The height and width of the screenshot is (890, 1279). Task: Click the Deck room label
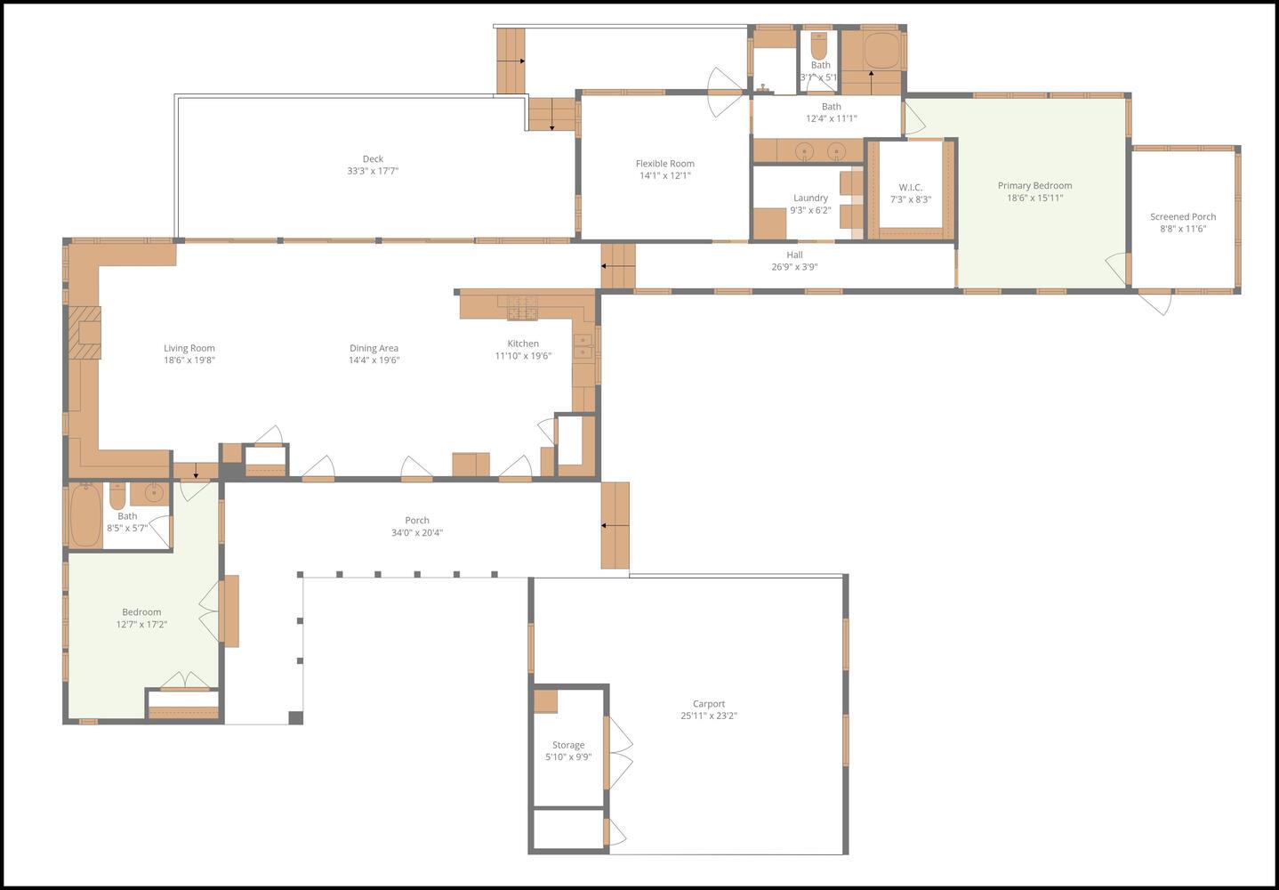click(373, 159)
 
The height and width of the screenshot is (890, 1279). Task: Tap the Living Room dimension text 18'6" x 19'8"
click(189, 360)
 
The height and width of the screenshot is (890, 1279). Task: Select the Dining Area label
click(374, 348)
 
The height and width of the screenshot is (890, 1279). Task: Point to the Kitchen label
click(523, 344)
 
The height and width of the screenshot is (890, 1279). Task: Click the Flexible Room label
click(664, 164)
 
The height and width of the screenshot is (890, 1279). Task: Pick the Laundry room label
click(810, 198)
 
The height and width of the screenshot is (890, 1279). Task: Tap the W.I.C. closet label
click(910, 188)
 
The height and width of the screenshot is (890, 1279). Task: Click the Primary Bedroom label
click(1034, 186)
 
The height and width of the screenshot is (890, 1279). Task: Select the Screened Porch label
click(1182, 217)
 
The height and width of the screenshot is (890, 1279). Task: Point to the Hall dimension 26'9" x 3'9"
click(794, 267)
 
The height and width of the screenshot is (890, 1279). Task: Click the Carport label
click(709, 704)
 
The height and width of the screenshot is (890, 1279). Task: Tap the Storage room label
click(568, 745)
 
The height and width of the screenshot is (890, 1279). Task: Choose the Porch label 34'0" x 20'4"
click(417, 521)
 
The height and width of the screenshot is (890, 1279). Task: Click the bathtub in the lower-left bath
click(85, 515)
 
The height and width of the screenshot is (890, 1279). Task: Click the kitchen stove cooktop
click(523, 307)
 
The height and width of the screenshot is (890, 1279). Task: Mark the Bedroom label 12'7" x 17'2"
click(141, 612)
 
